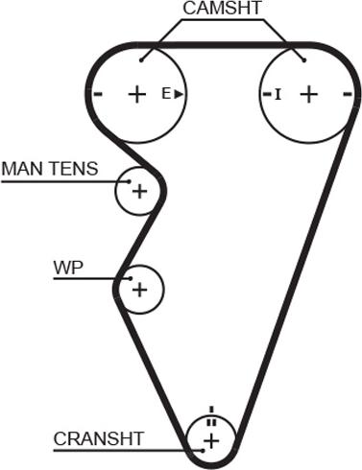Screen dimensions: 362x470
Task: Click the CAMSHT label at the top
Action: pos(222,8)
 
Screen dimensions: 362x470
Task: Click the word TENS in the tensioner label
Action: pos(71,169)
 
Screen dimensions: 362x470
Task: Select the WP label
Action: pos(68,268)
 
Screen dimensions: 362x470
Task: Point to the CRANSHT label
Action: pos(99,439)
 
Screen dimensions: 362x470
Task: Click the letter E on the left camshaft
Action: pos(166,94)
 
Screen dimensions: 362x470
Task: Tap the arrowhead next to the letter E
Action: pos(179,94)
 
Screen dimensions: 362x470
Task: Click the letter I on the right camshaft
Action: pos(278,94)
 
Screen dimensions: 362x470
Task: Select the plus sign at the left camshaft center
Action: pos(137,94)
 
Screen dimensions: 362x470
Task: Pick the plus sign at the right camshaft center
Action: pos(309,94)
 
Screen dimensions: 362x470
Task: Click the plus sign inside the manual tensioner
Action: pos(139,192)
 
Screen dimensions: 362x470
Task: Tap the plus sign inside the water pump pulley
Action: pos(139,290)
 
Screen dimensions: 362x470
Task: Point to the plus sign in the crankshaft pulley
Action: pos(211,441)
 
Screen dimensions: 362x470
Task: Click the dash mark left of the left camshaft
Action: pos(98,94)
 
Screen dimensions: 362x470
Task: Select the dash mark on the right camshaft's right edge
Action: pos(348,94)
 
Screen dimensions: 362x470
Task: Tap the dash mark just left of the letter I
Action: pos(267,94)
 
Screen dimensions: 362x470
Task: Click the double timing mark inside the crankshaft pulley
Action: pos(211,422)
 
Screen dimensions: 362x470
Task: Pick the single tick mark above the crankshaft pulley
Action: pos(211,410)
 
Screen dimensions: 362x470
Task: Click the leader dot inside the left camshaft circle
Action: pos(141,60)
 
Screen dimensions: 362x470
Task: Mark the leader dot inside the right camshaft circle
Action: pos(304,60)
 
